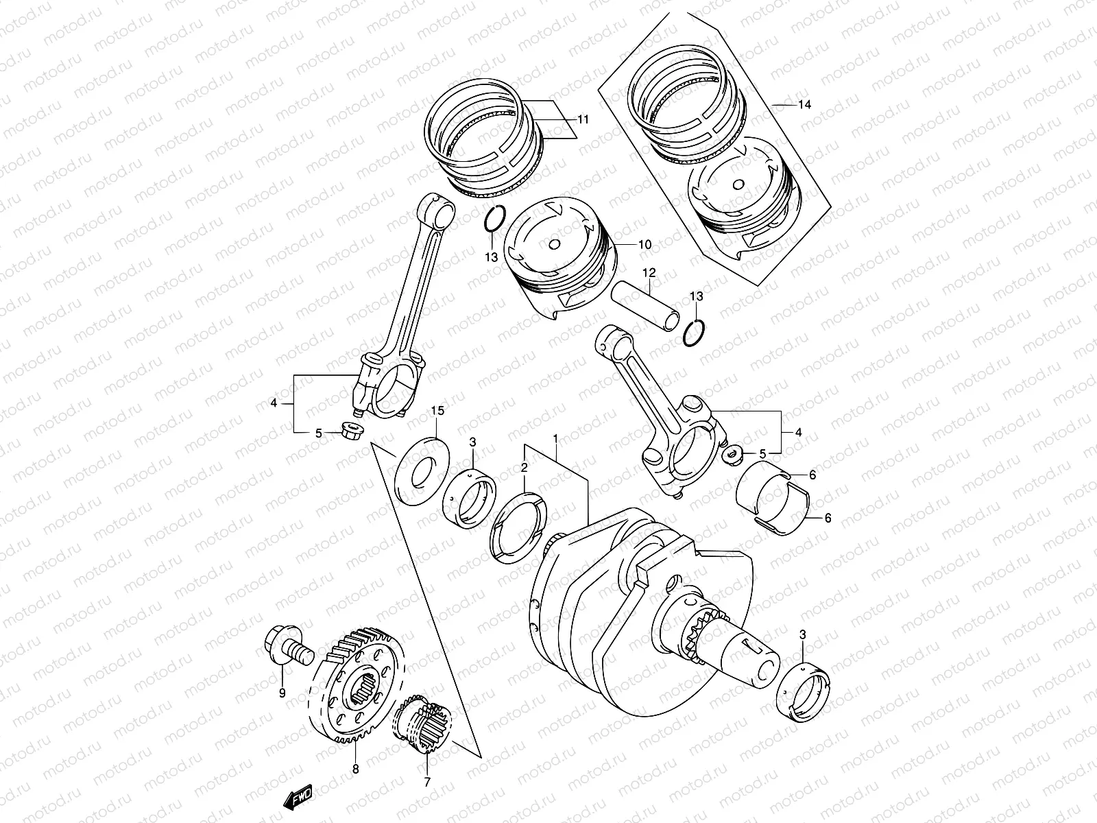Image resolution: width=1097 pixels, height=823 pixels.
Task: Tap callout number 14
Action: tap(804, 105)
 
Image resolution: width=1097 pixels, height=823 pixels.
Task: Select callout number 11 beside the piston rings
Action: tap(583, 119)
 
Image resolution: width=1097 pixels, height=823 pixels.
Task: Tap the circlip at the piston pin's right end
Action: tap(694, 333)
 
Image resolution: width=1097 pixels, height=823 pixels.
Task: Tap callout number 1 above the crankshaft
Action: tap(556, 438)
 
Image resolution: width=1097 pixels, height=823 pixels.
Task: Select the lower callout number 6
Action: tap(828, 518)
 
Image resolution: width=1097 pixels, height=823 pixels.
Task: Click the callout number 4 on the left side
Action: tap(274, 404)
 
